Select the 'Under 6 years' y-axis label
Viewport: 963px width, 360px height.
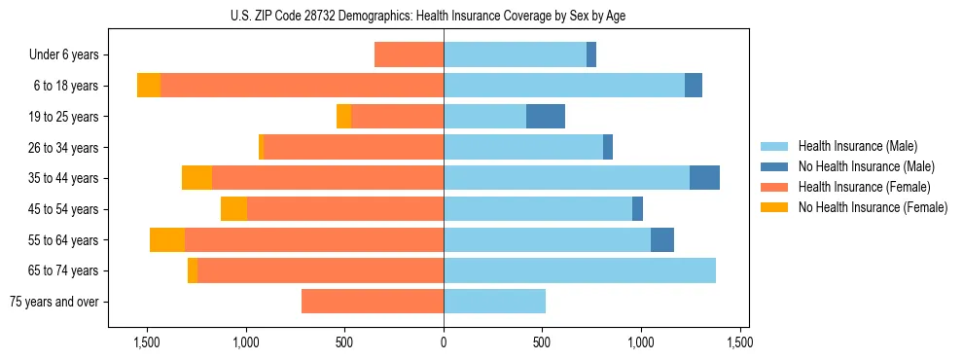click(x=64, y=55)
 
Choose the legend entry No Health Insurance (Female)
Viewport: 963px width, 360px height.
click(x=873, y=207)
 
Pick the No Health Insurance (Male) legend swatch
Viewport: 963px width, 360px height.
click(x=774, y=166)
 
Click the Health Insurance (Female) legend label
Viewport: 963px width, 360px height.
click(x=864, y=187)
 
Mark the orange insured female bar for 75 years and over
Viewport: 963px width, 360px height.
click(x=373, y=302)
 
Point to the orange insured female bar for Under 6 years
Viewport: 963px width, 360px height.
click(x=409, y=55)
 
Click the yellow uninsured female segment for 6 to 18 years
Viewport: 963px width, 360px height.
click(x=149, y=86)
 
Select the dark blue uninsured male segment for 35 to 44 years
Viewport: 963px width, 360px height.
click(x=704, y=178)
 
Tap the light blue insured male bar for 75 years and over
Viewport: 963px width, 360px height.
click(x=494, y=302)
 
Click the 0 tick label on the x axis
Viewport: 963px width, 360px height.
click(x=444, y=342)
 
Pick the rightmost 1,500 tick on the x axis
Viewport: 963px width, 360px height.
click(x=739, y=342)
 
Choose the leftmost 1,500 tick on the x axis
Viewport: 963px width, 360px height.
click(x=147, y=342)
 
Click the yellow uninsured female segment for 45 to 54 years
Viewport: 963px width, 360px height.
click(x=233, y=209)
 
